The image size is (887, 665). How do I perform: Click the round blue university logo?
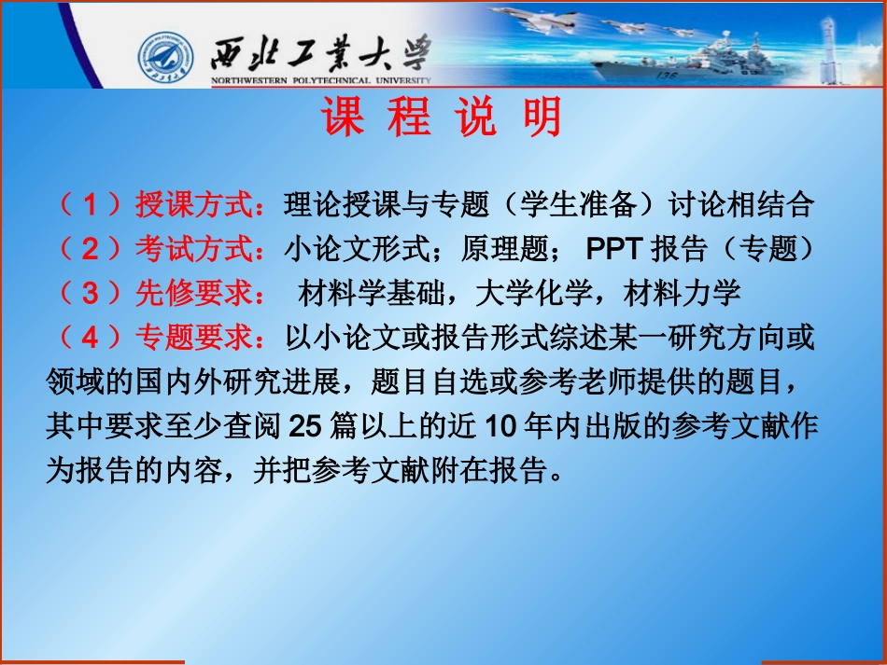[x=166, y=58]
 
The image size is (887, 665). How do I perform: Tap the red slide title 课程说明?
[x=442, y=117]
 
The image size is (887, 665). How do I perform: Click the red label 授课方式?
[x=193, y=204]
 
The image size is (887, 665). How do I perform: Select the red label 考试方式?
[x=193, y=249]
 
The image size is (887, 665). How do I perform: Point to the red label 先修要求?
[x=193, y=293]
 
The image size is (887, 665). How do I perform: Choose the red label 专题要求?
[x=193, y=338]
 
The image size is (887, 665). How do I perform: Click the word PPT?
[x=613, y=249]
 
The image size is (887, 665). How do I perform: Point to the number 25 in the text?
[x=305, y=426]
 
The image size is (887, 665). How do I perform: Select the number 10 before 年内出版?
[x=500, y=426]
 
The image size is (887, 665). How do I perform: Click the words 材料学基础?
[x=371, y=293]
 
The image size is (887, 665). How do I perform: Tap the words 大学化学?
[x=533, y=293]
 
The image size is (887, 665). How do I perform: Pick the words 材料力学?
[x=682, y=293]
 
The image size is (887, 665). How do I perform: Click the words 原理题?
[x=504, y=249]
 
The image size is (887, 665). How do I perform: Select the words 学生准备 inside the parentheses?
[x=578, y=204]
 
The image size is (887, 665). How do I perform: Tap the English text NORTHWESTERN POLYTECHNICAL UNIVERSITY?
[x=321, y=80]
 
